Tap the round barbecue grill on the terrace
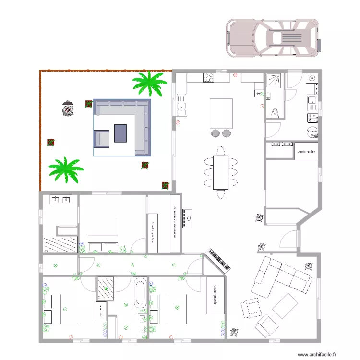68,109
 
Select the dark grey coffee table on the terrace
120,133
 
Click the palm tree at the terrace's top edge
149,83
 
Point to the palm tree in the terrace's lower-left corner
65,169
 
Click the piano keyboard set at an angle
219,261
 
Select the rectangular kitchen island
221,114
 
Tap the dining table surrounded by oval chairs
221,172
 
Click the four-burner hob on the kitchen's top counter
209,78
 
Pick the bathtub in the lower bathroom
139,292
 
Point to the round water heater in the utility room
312,132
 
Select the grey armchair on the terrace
102,139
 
